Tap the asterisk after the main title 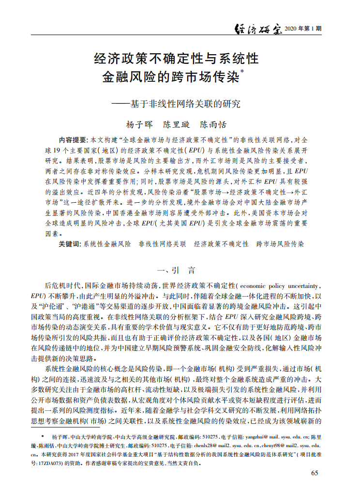click(242, 72)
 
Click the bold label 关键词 click(70, 244)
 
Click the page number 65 click(315, 473)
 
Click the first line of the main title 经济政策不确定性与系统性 click(177, 59)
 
